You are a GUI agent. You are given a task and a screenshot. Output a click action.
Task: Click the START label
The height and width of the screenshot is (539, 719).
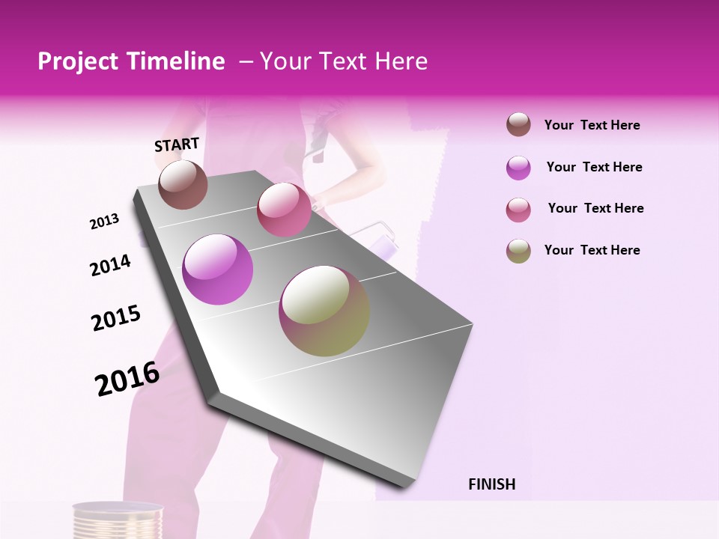pyautogui.click(x=177, y=144)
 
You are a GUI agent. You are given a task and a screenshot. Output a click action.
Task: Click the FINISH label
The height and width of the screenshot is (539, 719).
pyautogui.click(x=491, y=484)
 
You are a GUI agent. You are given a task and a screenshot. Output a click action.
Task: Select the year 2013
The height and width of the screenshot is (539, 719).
pyautogui.click(x=104, y=222)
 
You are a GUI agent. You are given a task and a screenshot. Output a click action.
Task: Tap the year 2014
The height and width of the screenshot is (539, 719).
pyautogui.click(x=110, y=266)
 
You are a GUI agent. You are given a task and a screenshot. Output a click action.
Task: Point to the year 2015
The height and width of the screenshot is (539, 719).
pyautogui.click(x=116, y=317)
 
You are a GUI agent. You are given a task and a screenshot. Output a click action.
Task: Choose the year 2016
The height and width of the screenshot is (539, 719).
pyautogui.click(x=127, y=379)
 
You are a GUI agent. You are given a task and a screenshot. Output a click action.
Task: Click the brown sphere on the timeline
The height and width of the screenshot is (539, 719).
pyautogui.click(x=183, y=184)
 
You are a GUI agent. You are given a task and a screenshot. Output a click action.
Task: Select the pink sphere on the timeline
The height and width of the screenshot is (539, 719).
pyautogui.click(x=284, y=210)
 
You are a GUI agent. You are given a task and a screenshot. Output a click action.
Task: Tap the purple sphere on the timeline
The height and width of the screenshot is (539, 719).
pyautogui.click(x=218, y=269)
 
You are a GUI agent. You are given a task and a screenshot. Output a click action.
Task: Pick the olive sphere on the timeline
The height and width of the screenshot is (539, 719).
pyautogui.click(x=324, y=311)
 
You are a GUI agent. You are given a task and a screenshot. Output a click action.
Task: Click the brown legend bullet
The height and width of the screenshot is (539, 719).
pyautogui.click(x=518, y=125)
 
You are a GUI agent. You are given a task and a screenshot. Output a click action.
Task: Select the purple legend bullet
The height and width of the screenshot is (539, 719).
pyautogui.click(x=518, y=168)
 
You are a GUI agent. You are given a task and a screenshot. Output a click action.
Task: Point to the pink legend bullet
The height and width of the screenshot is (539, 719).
pyautogui.click(x=518, y=210)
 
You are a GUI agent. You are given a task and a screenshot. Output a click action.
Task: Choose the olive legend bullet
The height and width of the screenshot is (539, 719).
pyautogui.click(x=518, y=251)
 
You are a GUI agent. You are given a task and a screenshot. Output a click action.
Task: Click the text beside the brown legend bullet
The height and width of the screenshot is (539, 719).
pyautogui.click(x=592, y=126)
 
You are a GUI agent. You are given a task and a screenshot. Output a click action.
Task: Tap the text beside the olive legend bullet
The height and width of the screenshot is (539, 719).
pyautogui.click(x=592, y=250)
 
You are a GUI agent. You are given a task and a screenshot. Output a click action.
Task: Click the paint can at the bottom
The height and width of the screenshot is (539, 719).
pyautogui.click(x=118, y=520)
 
